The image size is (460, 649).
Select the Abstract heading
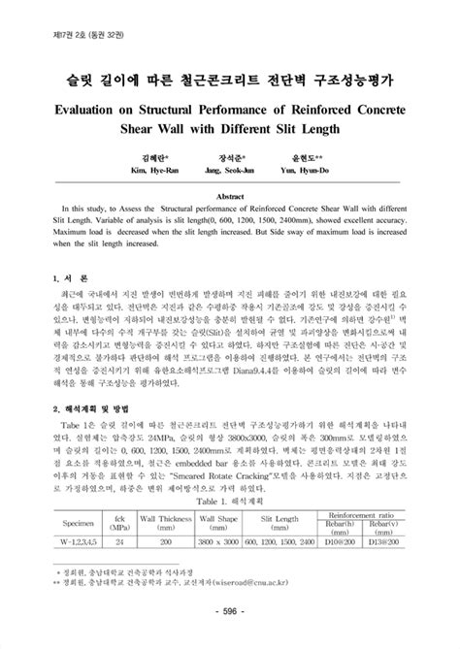click(229, 195)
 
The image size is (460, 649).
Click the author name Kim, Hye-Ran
click(148, 170)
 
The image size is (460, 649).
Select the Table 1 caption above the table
click(229, 502)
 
